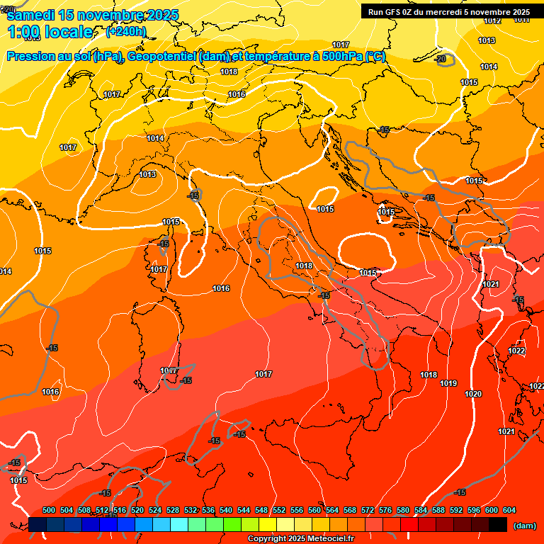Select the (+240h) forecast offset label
[x=125, y=32]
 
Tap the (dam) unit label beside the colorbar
[x=523, y=526]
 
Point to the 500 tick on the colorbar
[x=49, y=510]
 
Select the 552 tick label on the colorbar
[x=279, y=510]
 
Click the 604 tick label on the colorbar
[x=509, y=510]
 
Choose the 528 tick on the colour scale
[x=173, y=510]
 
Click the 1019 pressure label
[x=448, y=384]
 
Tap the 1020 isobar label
[x=473, y=395]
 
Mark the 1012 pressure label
[x=492, y=21]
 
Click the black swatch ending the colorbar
[x=498, y=525]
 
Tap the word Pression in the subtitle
[x=31, y=56]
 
